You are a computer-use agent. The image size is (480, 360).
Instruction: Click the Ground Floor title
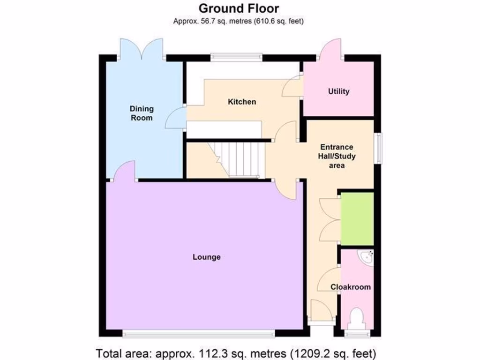(239, 8)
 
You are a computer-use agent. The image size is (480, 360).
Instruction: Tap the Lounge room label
(206, 257)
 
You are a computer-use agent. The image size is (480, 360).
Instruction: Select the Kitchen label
(242, 102)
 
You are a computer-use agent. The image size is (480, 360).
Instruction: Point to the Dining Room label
(142, 113)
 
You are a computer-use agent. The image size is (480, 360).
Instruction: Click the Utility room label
(338, 91)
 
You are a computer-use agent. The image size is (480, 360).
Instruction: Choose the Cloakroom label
(350, 287)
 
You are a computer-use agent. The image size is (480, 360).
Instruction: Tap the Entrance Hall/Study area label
(337, 156)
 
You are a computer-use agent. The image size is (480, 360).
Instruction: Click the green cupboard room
(357, 218)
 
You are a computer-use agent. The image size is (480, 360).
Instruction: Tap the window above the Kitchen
(236, 57)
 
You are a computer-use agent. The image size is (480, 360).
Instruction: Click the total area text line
(236, 352)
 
